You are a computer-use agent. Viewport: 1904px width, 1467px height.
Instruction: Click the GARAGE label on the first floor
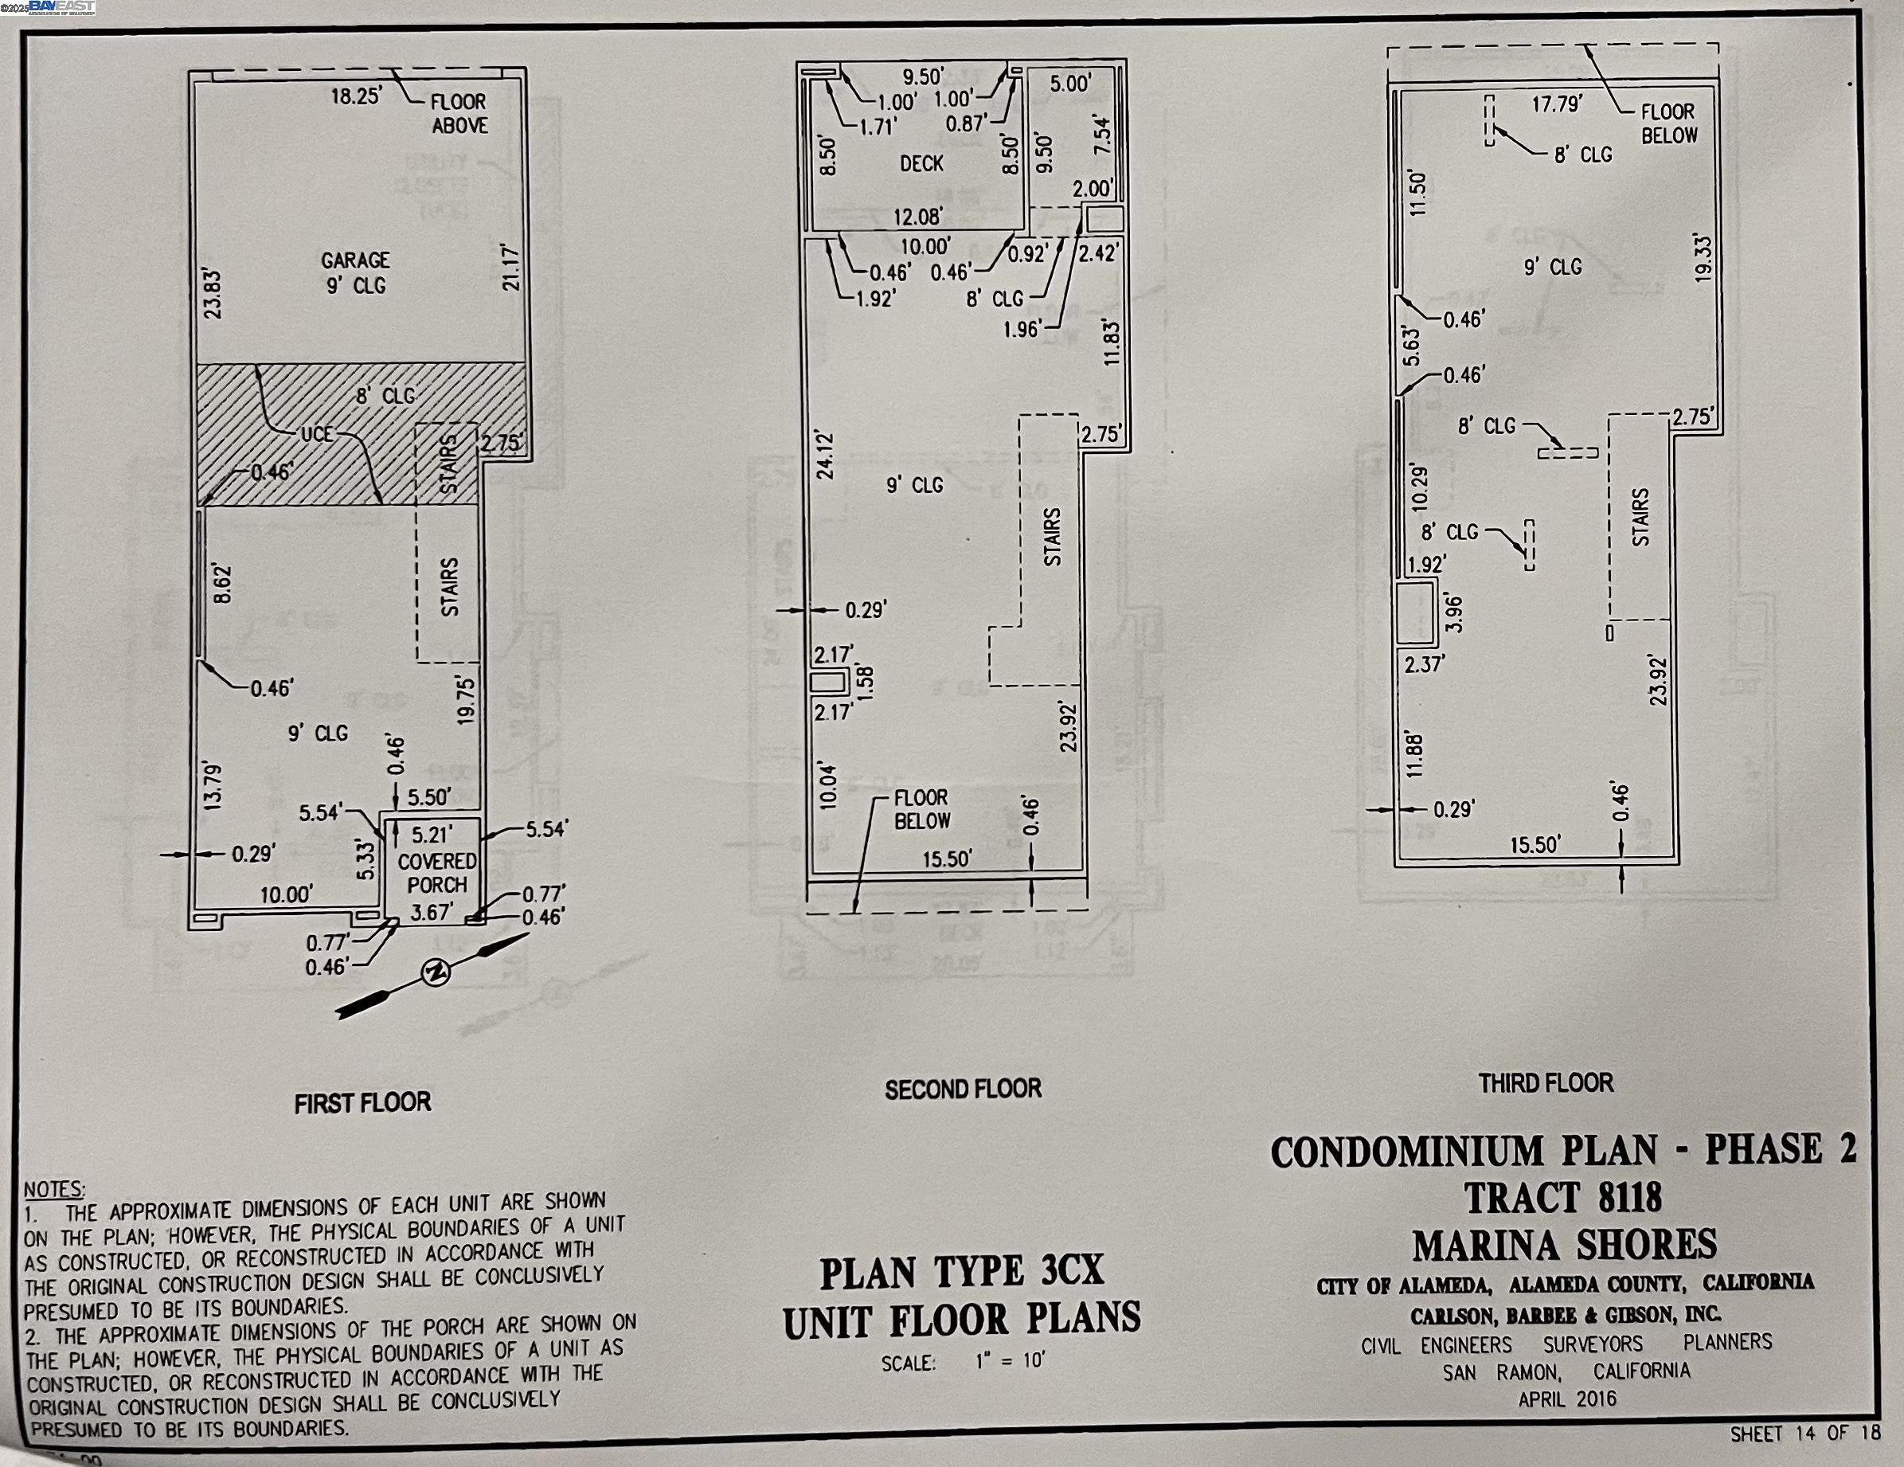tap(356, 260)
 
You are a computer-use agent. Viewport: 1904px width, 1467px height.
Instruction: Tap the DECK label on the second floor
tap(921, 163)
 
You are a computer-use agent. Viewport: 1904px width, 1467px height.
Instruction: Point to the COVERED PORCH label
tap(436, 873)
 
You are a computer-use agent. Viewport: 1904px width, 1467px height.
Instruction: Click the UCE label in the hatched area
tap(317, 433)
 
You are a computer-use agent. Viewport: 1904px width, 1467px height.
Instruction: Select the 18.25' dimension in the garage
tap(357, 95)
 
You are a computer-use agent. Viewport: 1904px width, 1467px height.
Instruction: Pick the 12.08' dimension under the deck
tap(918, 215)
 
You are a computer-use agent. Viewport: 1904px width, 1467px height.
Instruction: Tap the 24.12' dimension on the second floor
tap(826, 454)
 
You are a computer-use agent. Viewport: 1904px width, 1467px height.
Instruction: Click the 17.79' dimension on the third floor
tap(1557, 104)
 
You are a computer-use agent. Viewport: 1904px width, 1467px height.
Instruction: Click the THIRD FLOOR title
tap(1546, 1083)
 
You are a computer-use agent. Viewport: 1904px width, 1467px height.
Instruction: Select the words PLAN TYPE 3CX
tap(962, 1273)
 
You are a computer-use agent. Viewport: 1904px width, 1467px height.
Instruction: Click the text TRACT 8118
tap(1563, 1198)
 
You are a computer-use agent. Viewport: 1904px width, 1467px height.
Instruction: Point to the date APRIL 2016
tap(1567, 1399)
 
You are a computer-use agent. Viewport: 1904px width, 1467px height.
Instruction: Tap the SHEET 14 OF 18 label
tap(1804, 1434)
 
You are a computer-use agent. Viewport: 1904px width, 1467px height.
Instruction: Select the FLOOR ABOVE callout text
tap(459, 113)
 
